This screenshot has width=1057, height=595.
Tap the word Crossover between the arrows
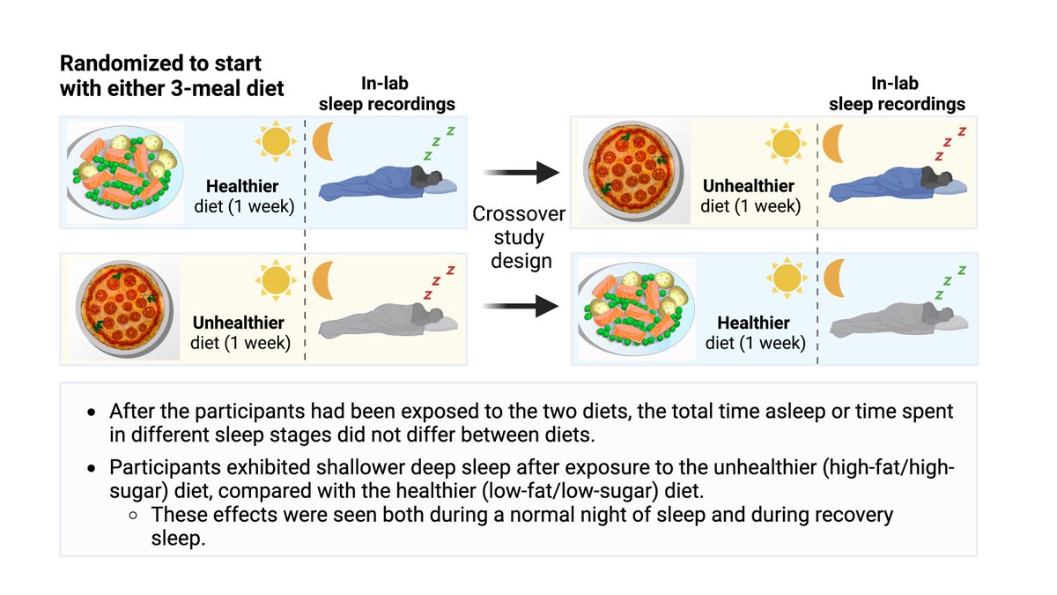click(x=519, y=214)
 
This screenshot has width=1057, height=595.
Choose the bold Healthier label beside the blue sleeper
click(x=241, y=187)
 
